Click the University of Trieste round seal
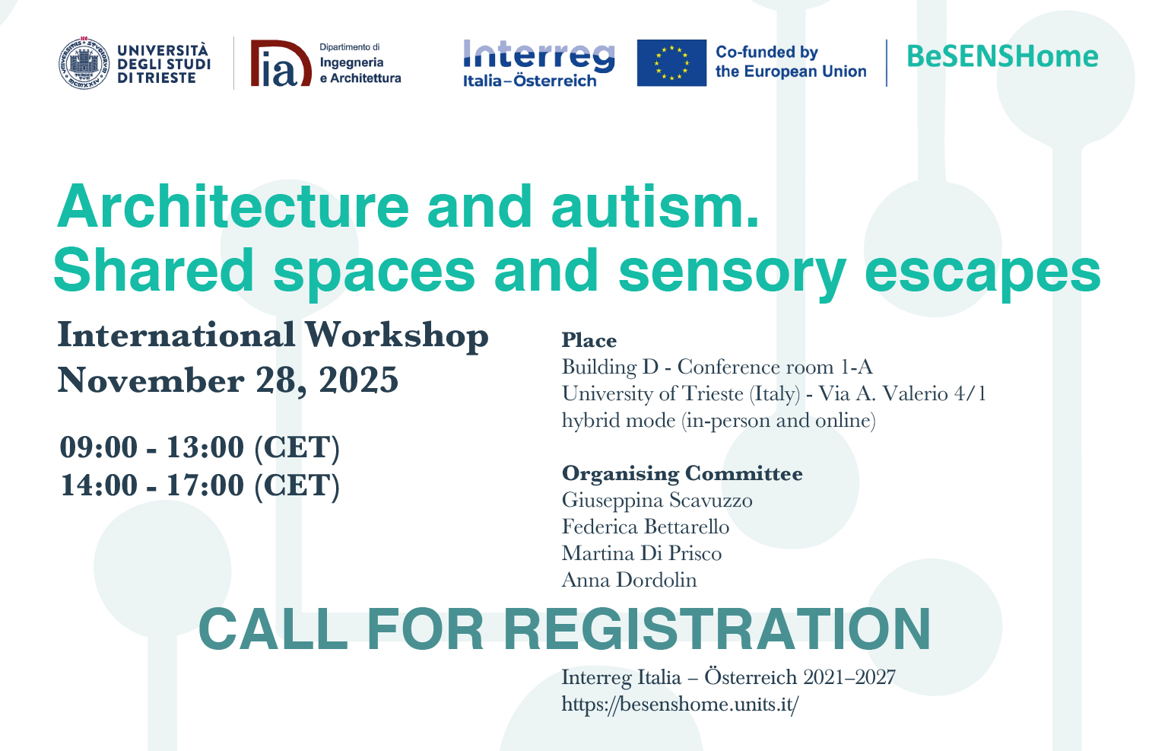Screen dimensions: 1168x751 coord(84,64)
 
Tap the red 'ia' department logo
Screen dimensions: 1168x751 coord(281,63)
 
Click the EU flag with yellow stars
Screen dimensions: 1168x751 coord(671,62)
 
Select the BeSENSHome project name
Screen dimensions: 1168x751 coord(1002,56)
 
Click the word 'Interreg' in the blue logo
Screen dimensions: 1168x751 coord(538,56)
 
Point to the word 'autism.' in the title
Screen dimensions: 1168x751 coord(655,207)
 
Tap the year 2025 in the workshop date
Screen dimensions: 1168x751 coord(359,380)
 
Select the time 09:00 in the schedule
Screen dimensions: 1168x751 coord(99,447)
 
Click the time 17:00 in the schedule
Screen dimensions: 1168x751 coord(205,485)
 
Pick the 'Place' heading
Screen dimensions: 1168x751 coord(589,340)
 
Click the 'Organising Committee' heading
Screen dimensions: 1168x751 coord(682,473)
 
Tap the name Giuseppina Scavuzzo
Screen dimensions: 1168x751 coord(657,501)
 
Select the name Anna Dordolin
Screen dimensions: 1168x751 coord(630,580)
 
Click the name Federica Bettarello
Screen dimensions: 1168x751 coord(646,527)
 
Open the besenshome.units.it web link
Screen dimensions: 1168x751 coord(680,705)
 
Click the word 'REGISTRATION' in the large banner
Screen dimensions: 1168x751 coord(718,629)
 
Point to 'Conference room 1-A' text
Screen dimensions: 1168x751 coord(775,367)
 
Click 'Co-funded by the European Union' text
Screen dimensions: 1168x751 coord(791,62)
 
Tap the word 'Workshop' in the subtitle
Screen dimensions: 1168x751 coord(397,335)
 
